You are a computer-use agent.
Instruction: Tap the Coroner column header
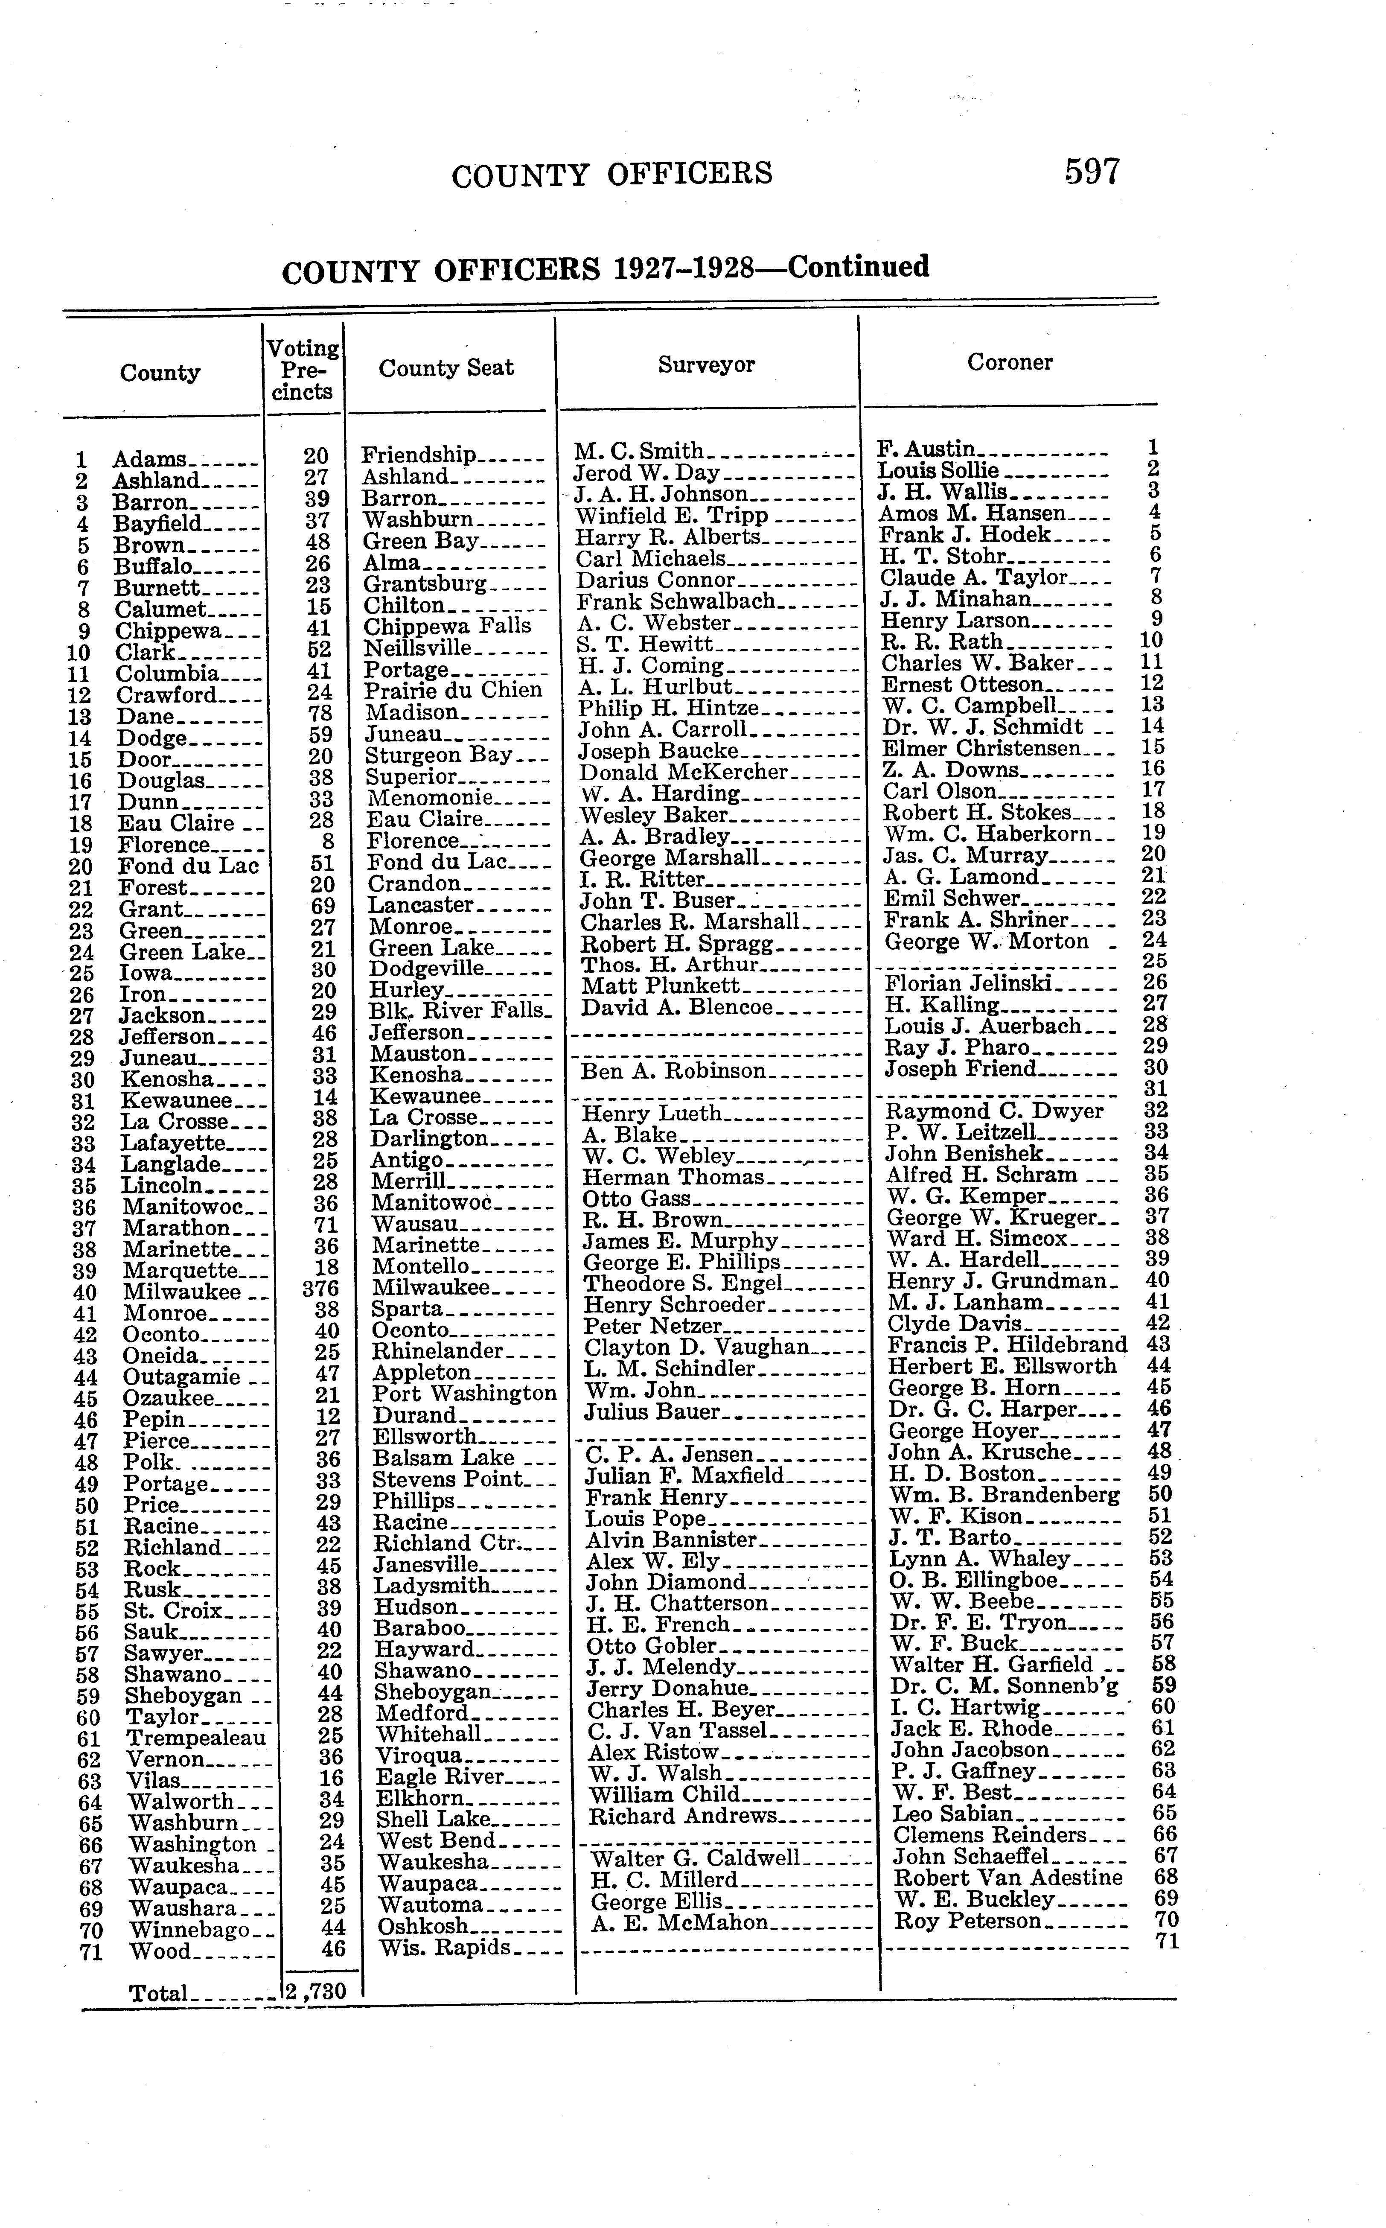click(x=1009, y=362)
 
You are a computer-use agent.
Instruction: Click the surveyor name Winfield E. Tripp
click(x=671, y=515)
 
